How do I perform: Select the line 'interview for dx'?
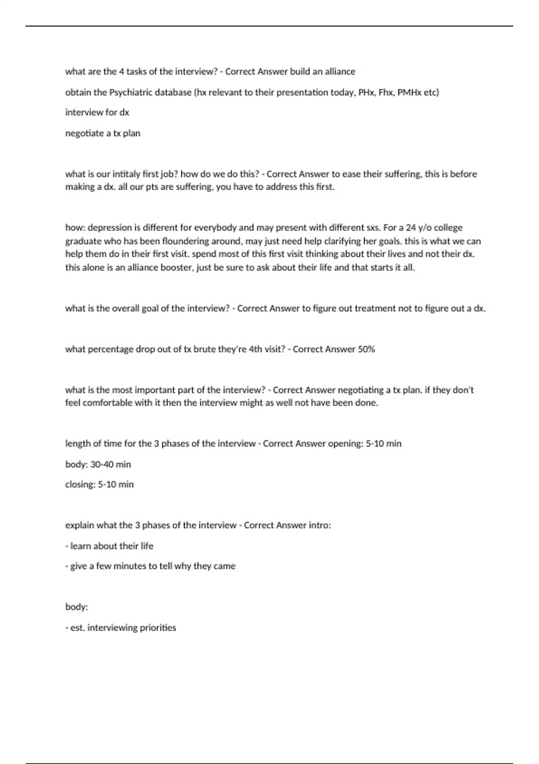tap(97, 112)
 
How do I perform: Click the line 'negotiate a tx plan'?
tap(103, 133)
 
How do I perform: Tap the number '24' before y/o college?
tap(411, 227)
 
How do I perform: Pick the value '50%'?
tap(366, 349)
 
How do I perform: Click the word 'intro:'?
tap(320, 525)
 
